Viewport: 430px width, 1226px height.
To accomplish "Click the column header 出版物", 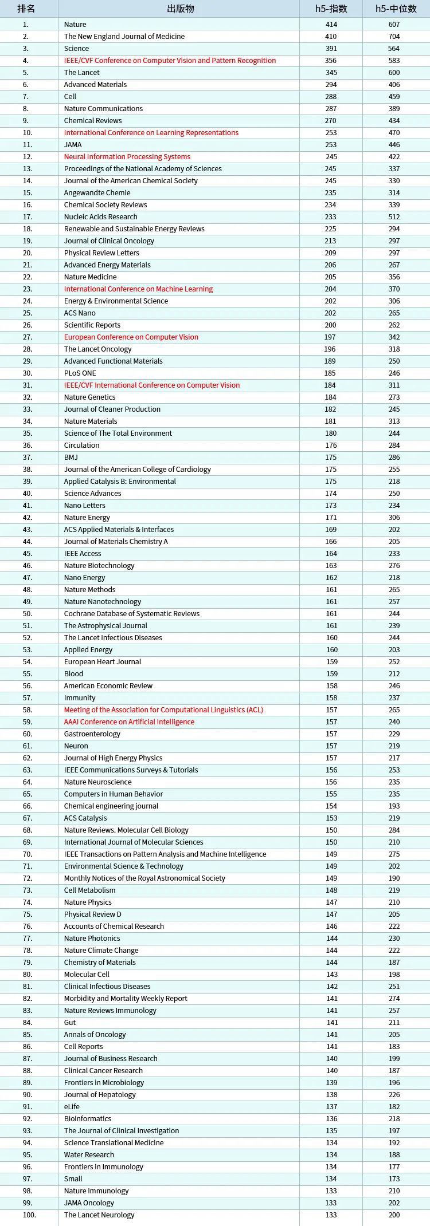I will [181, 9].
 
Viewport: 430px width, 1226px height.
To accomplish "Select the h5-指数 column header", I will [331, 9].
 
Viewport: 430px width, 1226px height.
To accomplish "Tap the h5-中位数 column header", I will [396, 9].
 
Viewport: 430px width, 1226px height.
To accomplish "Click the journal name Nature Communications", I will [103, 109].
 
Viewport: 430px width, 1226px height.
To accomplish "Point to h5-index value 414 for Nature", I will [331, 25].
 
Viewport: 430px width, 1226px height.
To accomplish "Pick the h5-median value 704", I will [394, 37].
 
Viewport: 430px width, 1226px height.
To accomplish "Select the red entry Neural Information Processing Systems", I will [127, 157].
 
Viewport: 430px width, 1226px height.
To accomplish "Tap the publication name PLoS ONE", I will [80, 373].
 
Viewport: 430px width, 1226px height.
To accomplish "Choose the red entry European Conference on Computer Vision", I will [131, 337].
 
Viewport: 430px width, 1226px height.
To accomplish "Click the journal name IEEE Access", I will [83, 554].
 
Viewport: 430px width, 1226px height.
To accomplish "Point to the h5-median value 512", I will [394, 217].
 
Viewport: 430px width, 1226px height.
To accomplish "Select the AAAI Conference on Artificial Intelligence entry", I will [129, 722].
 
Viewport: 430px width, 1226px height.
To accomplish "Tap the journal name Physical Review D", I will [92, 914].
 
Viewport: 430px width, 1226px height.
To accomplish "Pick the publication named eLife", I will [72, 1107].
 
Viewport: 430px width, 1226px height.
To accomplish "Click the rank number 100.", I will [29, 1215].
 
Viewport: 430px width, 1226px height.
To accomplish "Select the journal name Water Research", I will [89, 1155].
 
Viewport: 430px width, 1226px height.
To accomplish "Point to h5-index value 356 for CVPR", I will [331, 61].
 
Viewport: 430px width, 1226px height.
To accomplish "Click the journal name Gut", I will [70, 1023].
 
